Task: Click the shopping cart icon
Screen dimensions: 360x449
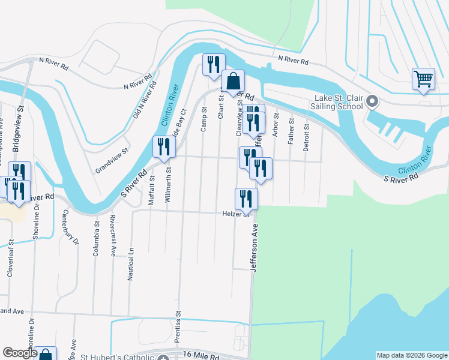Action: click(x=423, y=79)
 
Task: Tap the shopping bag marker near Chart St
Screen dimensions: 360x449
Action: click(x=233, y=81)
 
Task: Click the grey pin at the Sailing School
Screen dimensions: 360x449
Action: click(x=372, y=101)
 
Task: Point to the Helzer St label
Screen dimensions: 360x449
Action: click(x=235, y=214)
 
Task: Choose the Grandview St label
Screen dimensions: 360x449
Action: click(x=112, y=161)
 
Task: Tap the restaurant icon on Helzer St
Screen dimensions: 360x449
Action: click(x=246, y=198)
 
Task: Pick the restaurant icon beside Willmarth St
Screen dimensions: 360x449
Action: click(x=163, y=146)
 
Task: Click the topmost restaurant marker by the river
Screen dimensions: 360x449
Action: click(x=214, y=64)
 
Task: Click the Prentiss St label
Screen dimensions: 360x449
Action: click(x=178, y=327)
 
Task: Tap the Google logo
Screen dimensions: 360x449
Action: click(x=19, y=353)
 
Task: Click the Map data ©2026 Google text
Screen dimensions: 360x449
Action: click(x=411, y=355)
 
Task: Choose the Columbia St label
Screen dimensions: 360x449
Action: click(x=95, y=239)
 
